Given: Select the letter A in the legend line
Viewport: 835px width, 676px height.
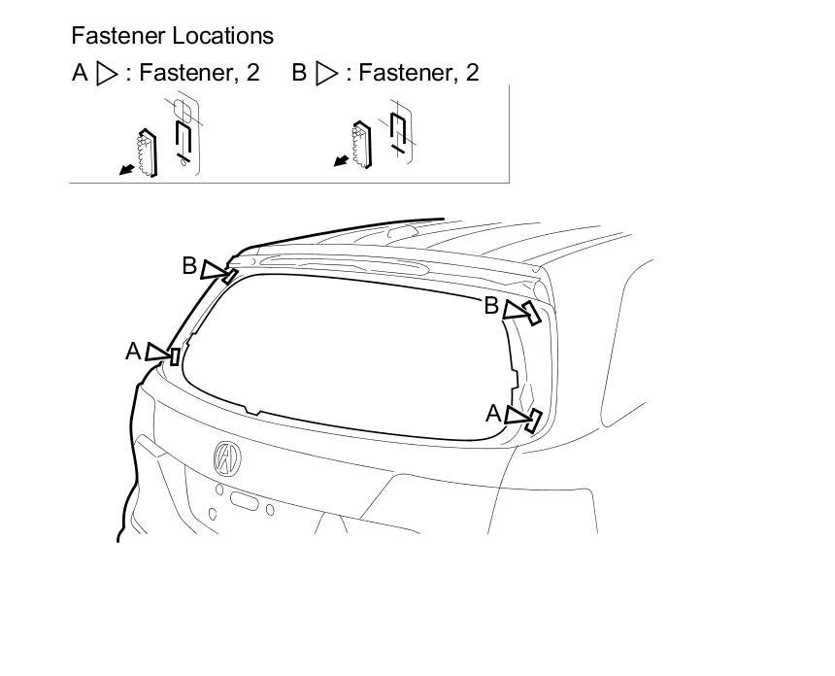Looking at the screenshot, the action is click(81, 73).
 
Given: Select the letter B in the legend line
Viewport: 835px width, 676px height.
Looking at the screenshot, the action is click(299, 73).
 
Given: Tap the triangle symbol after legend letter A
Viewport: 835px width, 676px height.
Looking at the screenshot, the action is click(107, 74).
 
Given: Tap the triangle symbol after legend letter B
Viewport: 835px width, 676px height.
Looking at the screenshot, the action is click(327, 74).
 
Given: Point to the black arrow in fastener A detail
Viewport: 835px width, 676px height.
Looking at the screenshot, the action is click(124, 171).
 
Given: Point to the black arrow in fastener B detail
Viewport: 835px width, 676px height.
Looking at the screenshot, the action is click(341, 161).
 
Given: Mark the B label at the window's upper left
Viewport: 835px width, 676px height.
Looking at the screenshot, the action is click(190, 265).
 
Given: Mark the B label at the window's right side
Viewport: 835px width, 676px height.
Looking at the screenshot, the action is click(491, 306).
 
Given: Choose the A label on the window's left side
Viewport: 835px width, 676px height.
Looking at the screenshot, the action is click(133, 351).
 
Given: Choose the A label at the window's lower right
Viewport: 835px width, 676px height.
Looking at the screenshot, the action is click(493, 414).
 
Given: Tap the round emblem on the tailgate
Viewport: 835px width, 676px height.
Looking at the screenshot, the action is click(226, 456).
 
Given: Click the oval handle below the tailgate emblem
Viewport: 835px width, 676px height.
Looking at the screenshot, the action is click(244, 501).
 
